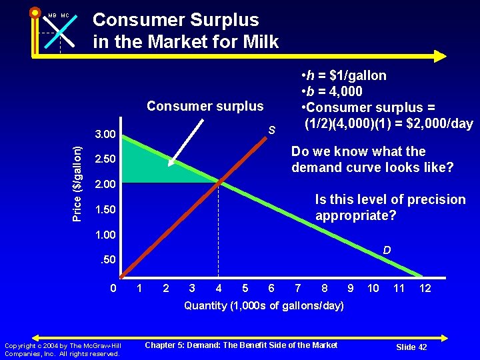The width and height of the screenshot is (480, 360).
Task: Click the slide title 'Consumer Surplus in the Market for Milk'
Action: [185, 31]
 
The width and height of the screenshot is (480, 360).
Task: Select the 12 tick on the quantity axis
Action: [425, 288]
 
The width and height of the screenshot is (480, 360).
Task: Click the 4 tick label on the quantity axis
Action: [219, 288]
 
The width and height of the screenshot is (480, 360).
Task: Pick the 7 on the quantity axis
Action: [297, 288]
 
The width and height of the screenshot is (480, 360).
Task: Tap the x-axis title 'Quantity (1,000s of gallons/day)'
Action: [264, 306]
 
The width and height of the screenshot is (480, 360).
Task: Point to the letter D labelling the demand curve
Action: [387, 251]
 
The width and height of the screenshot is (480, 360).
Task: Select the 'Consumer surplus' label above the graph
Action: [205, 106]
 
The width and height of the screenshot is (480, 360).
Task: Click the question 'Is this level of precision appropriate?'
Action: [390, 207]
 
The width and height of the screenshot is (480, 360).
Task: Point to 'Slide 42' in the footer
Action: [411, 347]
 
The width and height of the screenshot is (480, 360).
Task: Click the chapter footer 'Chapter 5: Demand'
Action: [241, 345]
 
